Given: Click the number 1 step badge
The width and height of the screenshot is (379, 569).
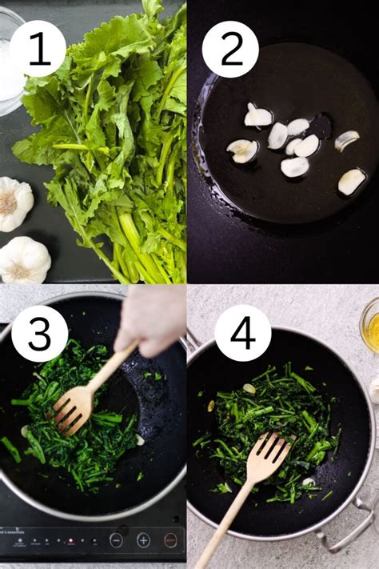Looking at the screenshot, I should coord(38,49).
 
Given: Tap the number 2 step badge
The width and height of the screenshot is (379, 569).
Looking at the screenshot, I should coord(230,49).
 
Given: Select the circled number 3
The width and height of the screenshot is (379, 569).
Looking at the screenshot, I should coord(38,333).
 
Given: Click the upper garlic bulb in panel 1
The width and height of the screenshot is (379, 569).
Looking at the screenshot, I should coord(14,203).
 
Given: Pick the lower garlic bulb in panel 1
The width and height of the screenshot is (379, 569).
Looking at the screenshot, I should coord(23,259).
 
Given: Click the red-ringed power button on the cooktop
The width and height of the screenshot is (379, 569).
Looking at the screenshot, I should coord(170,540).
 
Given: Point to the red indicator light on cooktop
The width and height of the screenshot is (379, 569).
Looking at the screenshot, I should coord(71,541).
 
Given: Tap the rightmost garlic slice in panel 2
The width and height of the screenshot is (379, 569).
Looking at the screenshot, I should coord(351,182).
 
